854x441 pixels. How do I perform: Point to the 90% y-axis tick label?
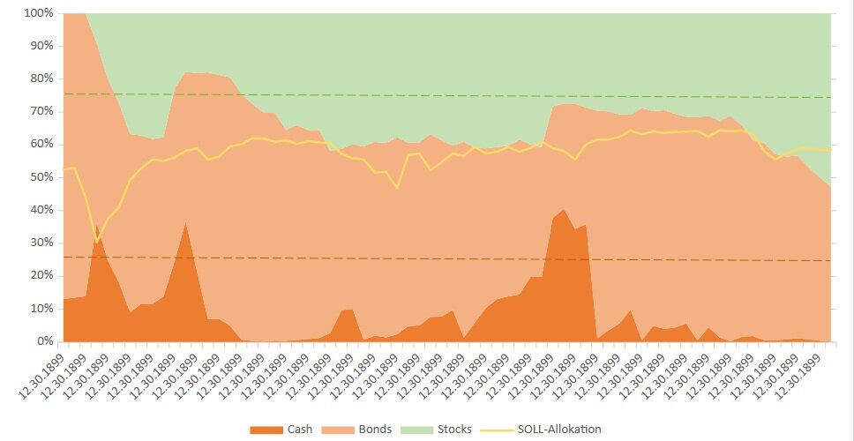tap(41, 46)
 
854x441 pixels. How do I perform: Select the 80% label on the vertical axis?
tap(41, 78)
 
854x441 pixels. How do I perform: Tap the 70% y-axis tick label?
tap(41, 111)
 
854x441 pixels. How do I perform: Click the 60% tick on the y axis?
tap(41, 144)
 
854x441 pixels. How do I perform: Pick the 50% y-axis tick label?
tap(41, 177)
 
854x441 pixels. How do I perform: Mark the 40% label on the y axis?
tap(41, 210)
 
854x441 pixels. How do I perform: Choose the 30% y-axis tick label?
tap(41, 243)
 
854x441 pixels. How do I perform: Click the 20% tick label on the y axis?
tap(41, 275)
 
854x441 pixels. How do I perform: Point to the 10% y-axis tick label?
tap(41, 309)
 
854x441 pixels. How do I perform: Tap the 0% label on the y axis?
tap(44, 341)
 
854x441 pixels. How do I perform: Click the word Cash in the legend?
tap(298, 430)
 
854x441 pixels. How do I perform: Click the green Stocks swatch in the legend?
tap(416, 430)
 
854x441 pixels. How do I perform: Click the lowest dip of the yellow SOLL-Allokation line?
tap(97, 242)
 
